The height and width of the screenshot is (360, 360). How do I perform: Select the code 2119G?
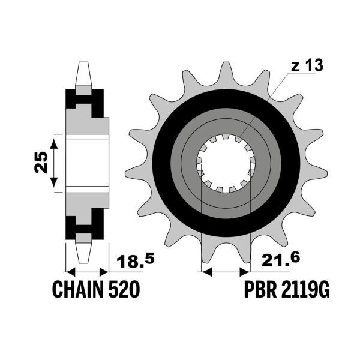coord(307,290)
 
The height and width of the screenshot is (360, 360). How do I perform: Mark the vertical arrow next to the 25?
coord(55,163)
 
